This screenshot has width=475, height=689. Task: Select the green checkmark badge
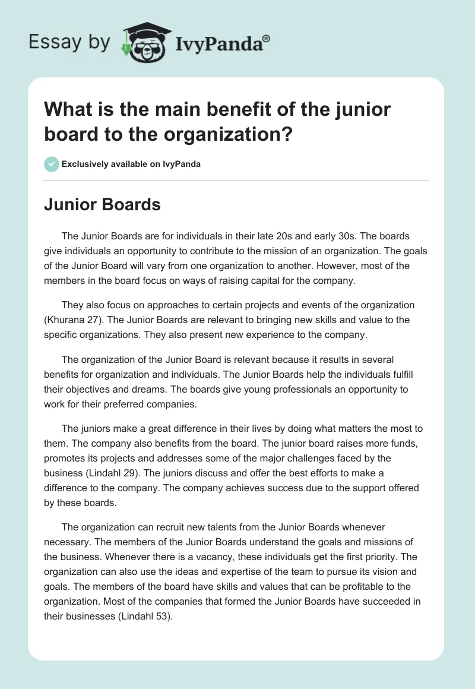[52, 164]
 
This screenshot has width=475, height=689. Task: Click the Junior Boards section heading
[102, 205]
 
